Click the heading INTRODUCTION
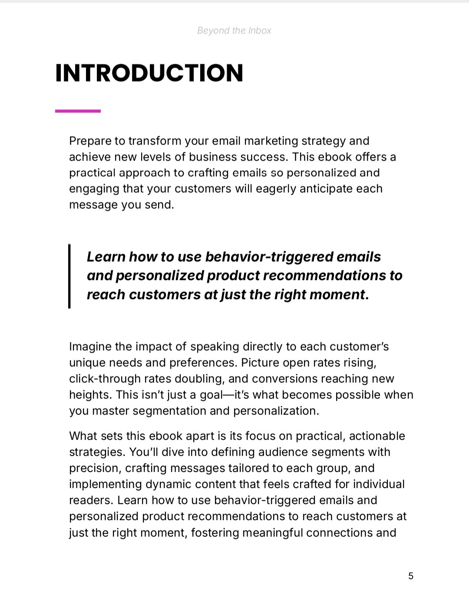coord(149,73)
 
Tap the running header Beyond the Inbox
coord(234,30)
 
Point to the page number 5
coord(411,576)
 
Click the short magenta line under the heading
coord(78,111)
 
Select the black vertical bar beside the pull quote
coord(69,276)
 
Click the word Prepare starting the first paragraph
coord(91,141)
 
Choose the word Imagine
coord(91,347)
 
